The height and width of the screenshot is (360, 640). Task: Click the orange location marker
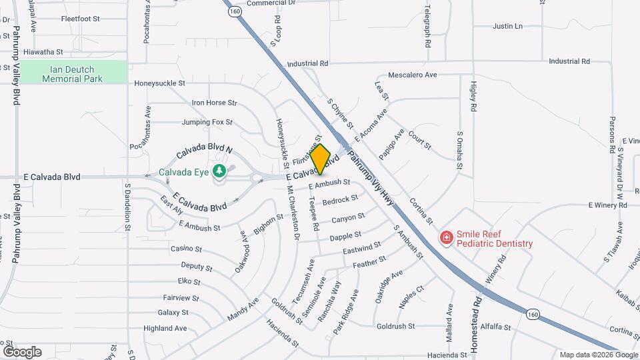[321, 159]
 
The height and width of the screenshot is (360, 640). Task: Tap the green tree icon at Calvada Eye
[219, 172]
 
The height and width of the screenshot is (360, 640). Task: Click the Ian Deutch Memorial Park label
[72, 74]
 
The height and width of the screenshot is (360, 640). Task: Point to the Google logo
[22, 352]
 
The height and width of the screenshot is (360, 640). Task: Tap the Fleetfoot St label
[80, 19]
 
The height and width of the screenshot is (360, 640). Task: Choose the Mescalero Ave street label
[412, 75]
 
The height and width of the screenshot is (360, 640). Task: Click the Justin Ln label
[507, 27]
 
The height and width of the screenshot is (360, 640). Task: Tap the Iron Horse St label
[214, 103]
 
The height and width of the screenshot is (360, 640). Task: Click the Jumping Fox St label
[207, 123]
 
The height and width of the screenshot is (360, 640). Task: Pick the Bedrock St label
[339, 200]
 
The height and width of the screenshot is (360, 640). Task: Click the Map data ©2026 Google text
[598, 355]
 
